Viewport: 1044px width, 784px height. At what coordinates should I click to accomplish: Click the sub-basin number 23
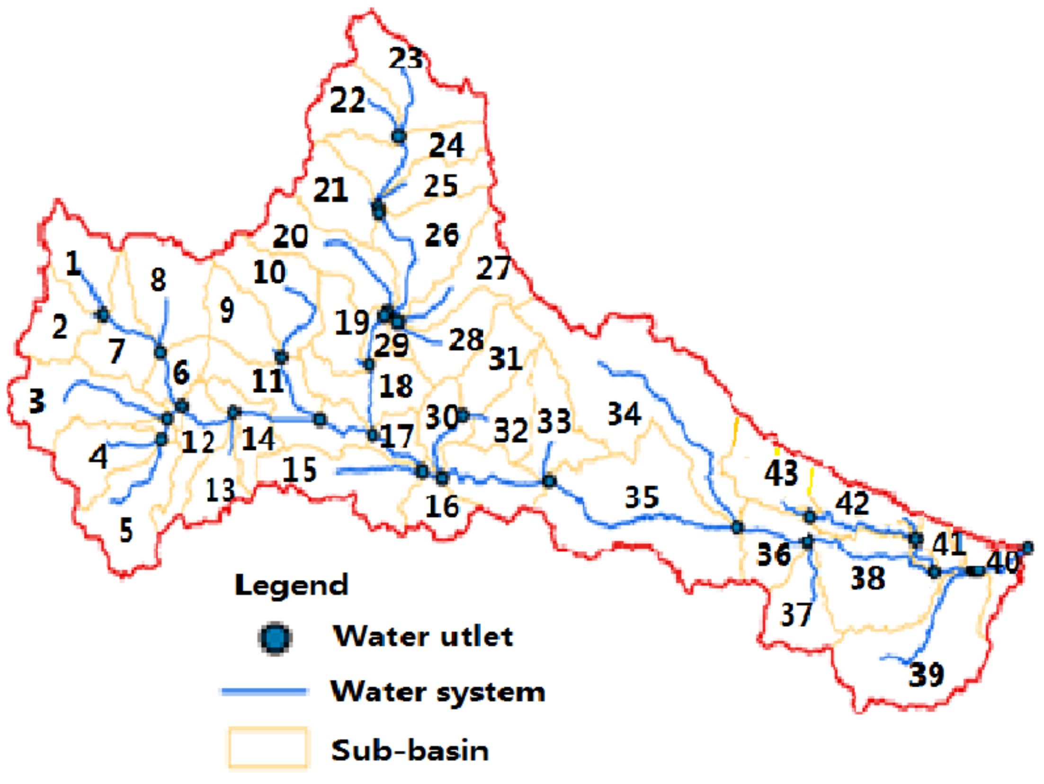pos(406,59)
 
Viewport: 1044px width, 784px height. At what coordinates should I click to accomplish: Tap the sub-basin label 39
pos(926,675)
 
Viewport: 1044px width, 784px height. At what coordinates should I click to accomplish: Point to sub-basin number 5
pos(126,530)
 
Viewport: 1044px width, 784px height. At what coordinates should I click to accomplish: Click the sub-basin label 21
pos(330,190)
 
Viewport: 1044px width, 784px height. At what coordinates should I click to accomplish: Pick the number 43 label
pos(781,472)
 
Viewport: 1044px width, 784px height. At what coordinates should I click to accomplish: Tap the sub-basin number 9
pos(227,311)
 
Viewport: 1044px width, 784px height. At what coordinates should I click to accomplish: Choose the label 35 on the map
pos(642,497)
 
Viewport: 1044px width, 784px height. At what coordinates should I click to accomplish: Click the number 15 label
pos(300,470)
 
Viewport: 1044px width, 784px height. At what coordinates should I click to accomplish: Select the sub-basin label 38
pos(868,578)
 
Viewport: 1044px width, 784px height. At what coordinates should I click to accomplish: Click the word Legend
pos(291,585)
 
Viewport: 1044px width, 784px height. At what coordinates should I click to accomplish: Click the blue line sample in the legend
pos(265,692)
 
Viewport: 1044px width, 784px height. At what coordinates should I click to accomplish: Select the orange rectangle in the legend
pos(268,748)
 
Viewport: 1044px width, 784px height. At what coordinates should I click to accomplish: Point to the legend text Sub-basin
pos(410,750)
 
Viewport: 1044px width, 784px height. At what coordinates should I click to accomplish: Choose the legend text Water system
pos(438,692)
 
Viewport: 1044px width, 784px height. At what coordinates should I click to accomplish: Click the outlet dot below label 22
pos(399,136)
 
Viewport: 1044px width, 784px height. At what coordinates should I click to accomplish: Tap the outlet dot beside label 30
pos(463,416)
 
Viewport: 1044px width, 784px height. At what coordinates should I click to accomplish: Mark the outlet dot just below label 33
pos(549,481)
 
